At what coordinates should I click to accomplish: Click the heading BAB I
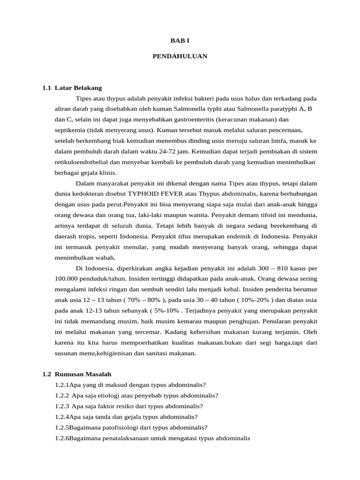[x=180, y=41]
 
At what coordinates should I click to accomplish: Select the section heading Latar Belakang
[x=78, y=88]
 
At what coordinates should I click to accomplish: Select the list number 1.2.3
[x=62, y=406]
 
